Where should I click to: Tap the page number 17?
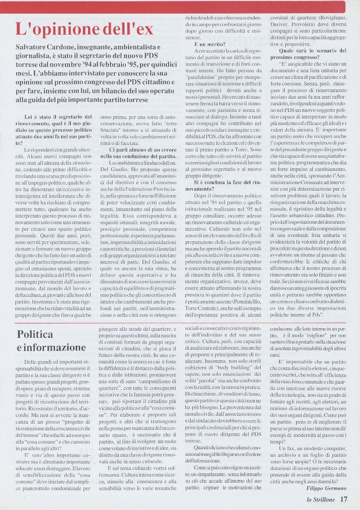tap(343, 499)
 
